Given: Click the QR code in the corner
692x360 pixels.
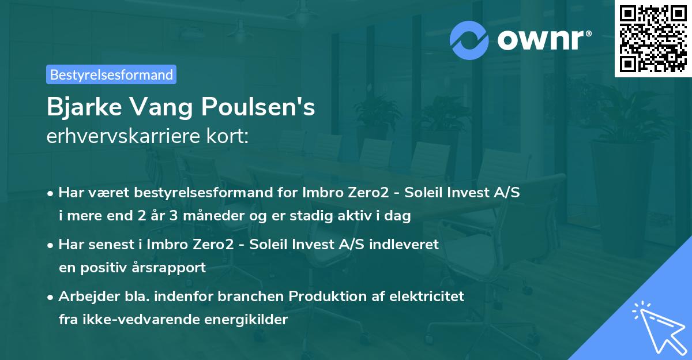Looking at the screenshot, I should pyautogui.click(x=653, y=38).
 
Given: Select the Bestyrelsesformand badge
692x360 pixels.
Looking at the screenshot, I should pyautogui.click(x=111, y=74).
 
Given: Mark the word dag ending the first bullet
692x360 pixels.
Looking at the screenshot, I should pyautogui.click(x=399, y=216).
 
